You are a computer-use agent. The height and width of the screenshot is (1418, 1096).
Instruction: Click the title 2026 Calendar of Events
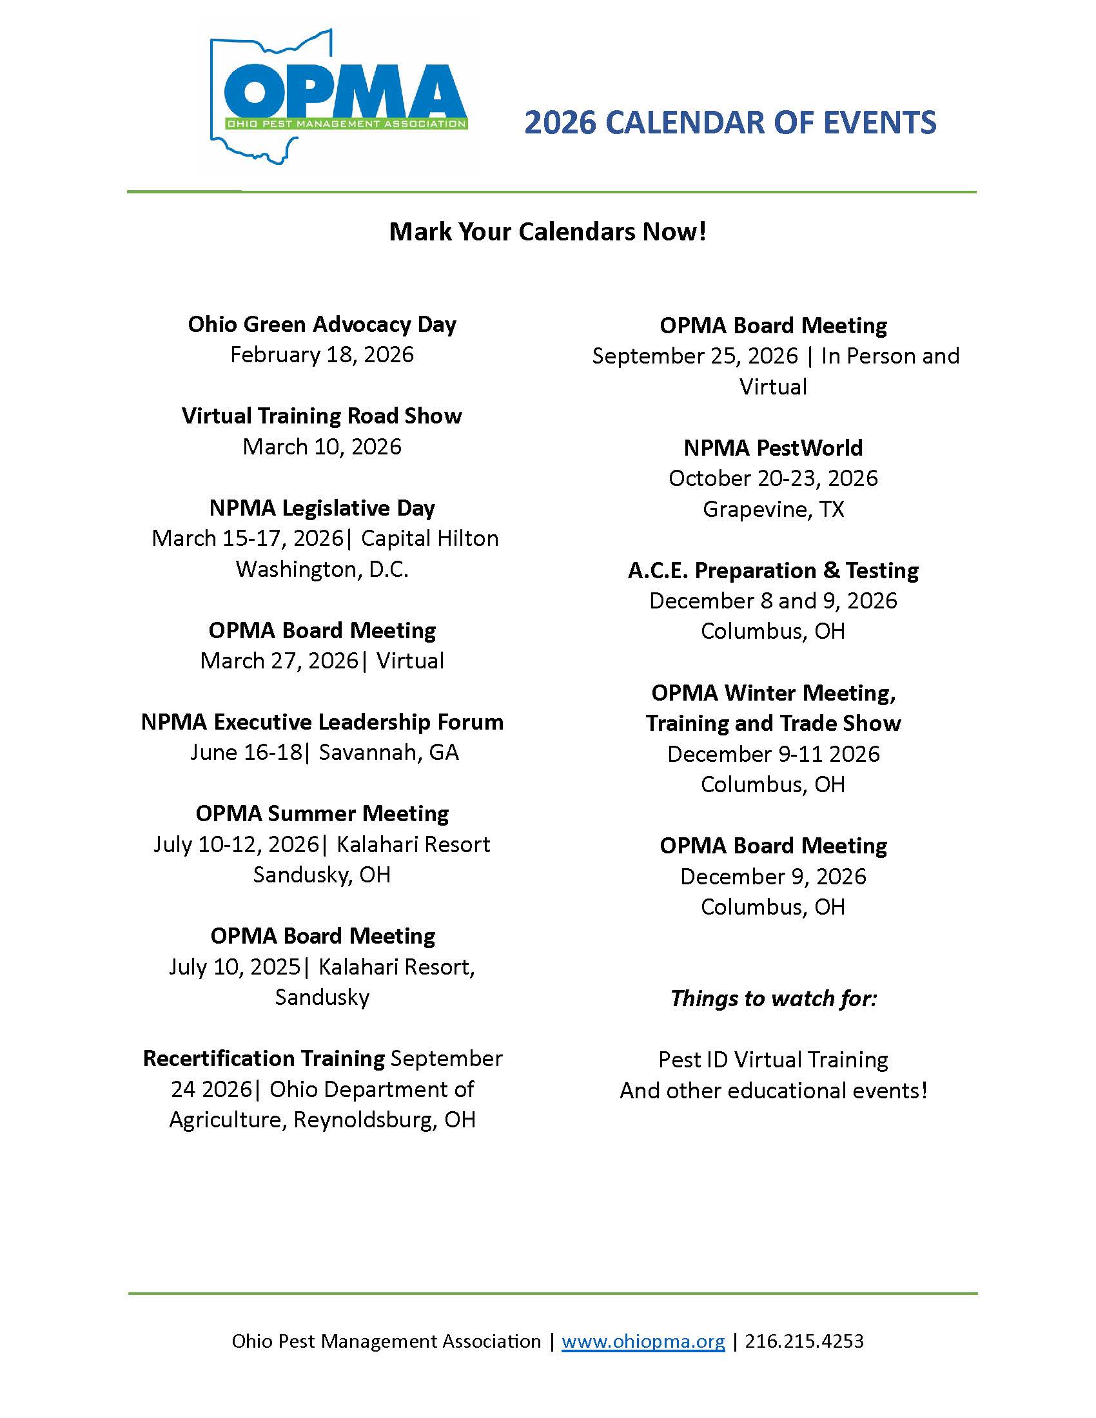click(x=730, y=122)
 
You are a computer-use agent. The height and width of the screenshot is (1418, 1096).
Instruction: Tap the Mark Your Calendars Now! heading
click(x=547, y=232)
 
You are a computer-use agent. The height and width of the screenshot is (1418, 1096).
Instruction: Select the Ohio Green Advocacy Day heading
click(x=322, y=324)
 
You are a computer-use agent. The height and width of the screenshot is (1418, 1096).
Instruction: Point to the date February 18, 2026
click(x=322, y=354)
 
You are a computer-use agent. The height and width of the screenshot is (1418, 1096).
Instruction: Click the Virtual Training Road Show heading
click(x=322, y=416)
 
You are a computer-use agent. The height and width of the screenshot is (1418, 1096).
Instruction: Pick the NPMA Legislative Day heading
click(x=322, y=508)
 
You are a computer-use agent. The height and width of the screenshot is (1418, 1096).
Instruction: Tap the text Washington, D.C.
click(x=322, y=568)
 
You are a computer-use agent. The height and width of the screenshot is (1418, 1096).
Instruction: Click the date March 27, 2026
click(x=279, y=661)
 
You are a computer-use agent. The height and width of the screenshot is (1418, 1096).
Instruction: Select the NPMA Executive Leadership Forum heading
click(x=322, y=722)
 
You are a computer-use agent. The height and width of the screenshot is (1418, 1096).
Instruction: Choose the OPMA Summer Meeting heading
click(x=322, y=813)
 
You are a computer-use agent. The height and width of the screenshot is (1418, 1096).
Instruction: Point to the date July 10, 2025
click(x=235, y=967)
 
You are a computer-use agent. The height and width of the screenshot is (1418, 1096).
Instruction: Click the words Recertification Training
click(x=264, y=1059)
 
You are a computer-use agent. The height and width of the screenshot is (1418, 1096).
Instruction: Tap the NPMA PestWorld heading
click(x=772, y=448)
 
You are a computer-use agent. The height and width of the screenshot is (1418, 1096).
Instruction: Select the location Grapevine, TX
click(x=772, y=509)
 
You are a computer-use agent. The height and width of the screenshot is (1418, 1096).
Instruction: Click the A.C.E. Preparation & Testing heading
click(x=772, y=570)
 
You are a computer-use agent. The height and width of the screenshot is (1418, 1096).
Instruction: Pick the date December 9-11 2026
click(x=772, y=754)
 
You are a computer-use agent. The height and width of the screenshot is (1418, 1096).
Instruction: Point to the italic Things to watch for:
click(x=772, y=998)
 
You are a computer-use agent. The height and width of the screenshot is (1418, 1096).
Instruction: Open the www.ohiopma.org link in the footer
click(x=643, y=1341)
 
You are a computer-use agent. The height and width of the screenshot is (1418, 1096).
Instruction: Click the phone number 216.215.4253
click(x=804, y=1341)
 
